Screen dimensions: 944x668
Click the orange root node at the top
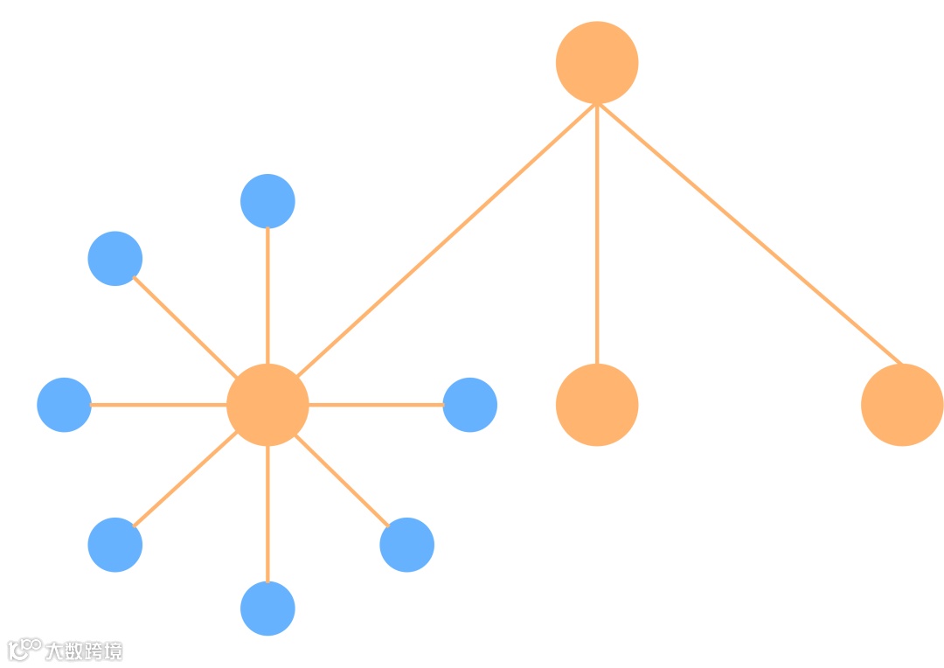click(597, 62)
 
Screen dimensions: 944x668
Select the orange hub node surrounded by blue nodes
click(267, 405)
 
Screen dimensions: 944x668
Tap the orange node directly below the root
click(597, 405)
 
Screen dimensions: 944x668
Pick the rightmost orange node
click(902, 405)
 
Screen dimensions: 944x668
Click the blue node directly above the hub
click(267, 201)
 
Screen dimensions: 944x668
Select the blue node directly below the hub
click(267, 609)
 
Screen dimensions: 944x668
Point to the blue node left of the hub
click(64, 405)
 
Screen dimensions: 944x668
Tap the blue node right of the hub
click(470, 405)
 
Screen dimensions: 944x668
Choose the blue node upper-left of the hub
click(115, 259)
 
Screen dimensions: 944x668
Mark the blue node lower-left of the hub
click(115, 545)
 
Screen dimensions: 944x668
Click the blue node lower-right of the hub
click(407, 545)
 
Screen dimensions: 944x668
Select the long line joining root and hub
click(446, 240)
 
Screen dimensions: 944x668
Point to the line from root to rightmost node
click(749, 233)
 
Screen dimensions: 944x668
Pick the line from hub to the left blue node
click(158, 405)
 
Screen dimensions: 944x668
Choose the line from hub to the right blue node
click(376, 405)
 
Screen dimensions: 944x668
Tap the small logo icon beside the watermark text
click(24, 650)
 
